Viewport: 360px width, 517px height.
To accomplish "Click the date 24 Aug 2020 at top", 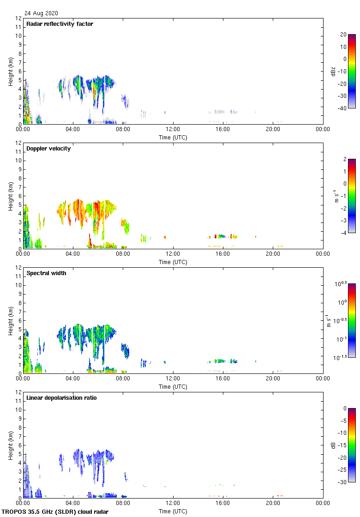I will click(x=42, y=13).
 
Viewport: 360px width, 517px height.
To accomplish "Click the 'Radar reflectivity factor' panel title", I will click(x=60, y=24).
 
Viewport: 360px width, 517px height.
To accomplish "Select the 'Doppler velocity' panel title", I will click(x=48, y=149).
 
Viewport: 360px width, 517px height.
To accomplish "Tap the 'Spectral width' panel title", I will click(x=46, y=273).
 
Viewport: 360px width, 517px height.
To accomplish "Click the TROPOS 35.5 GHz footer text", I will click(x=55, y=511).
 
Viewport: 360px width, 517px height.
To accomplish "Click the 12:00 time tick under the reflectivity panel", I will click(x=173, y=129).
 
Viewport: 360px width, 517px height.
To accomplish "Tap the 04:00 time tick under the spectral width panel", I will click(x=73, y=378).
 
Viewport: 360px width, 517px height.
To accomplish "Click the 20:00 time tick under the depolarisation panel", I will click(x=273, y=503).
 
